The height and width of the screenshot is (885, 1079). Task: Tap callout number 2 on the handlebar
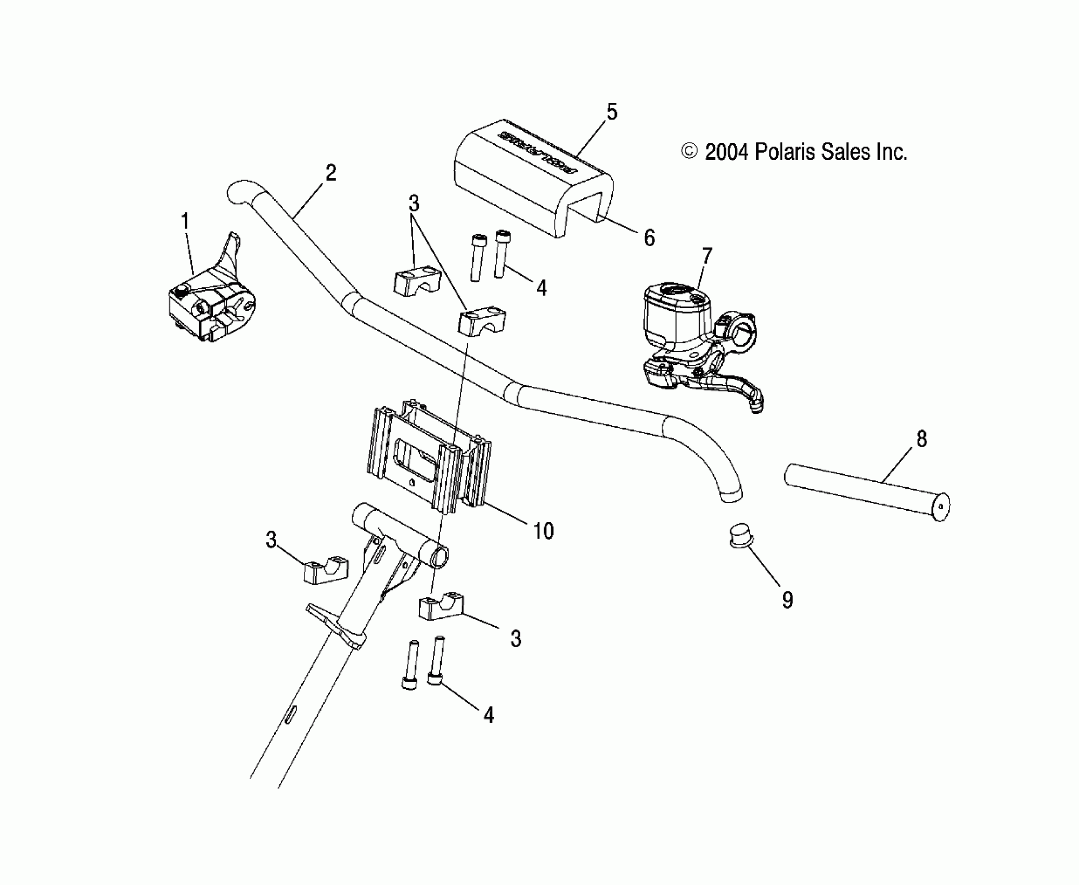[331, 173]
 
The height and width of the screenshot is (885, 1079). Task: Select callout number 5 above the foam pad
[612, 112]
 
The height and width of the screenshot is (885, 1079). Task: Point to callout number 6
[649, 238]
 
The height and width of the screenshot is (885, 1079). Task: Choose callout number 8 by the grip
[921, 439]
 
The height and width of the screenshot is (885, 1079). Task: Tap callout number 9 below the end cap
[788, 600]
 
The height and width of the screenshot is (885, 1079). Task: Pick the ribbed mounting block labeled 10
[429, 458]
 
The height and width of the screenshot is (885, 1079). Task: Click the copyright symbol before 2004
[689, 151]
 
